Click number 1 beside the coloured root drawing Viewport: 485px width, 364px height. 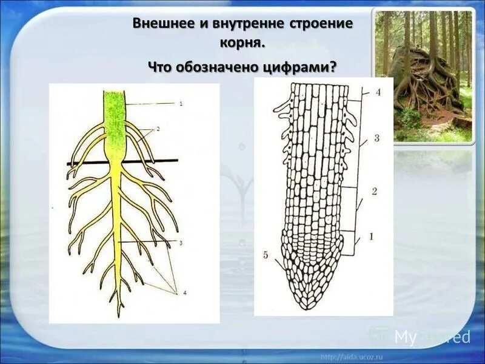[181, 104]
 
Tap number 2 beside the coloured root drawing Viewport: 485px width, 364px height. [158, 129]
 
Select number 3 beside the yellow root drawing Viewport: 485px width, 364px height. [181, 243]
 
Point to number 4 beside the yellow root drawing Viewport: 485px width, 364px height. [185, 293]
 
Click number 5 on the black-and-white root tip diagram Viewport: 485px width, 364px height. [266, 254]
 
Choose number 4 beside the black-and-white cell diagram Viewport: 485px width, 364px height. [378, 93]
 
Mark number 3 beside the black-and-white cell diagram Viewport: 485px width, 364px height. [376, 138]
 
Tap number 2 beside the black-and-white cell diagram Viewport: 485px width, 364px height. [375, 191]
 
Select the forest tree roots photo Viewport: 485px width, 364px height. [423, 76]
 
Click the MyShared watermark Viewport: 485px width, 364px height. [424, 337]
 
